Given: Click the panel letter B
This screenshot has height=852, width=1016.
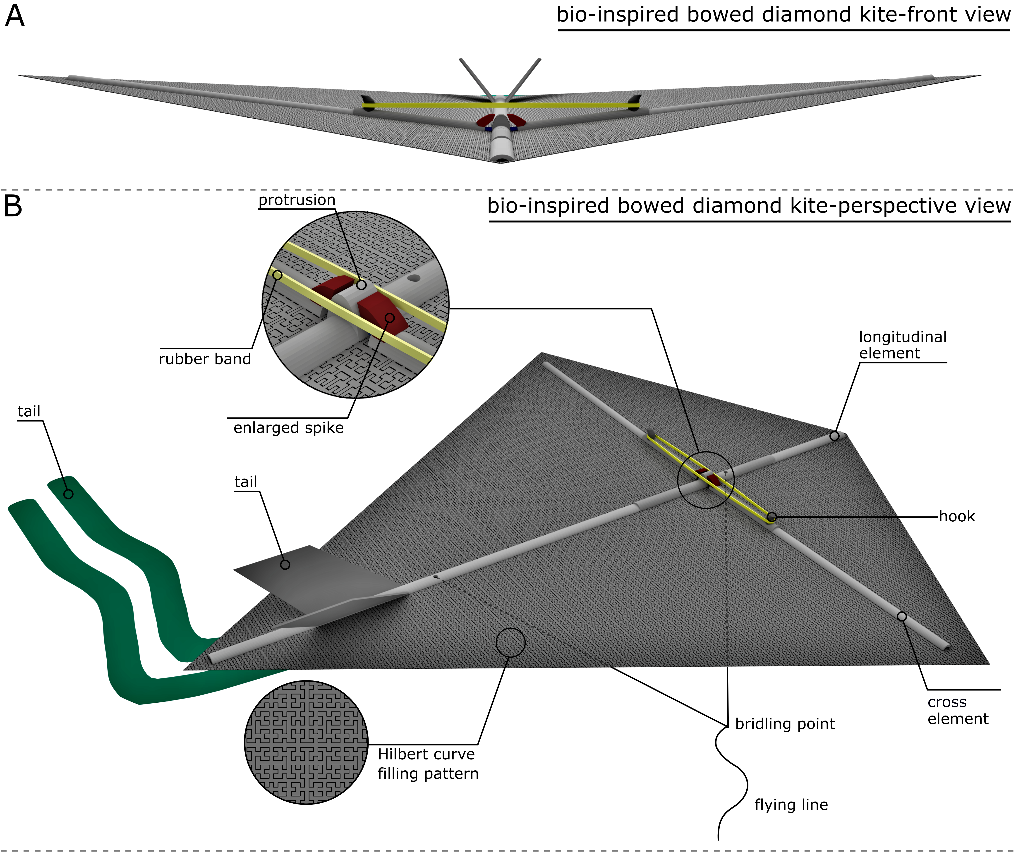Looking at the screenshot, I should (13, 206).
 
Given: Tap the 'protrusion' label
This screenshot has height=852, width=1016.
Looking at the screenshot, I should (297, 200).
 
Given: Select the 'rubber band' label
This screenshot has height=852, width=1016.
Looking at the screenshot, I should (205, 359).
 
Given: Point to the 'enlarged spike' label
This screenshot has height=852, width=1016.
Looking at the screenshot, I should (288, 428).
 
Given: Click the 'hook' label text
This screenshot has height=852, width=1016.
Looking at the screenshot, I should (956, 516).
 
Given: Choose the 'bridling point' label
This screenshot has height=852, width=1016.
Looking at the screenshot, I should (785, 724).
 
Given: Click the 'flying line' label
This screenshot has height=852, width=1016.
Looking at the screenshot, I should (791, 805).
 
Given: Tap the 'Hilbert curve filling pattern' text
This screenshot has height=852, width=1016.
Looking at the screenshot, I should (428, 764).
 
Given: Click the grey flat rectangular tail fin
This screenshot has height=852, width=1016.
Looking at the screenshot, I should (319, 580).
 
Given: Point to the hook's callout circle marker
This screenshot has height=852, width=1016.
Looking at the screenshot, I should (772, 517).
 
